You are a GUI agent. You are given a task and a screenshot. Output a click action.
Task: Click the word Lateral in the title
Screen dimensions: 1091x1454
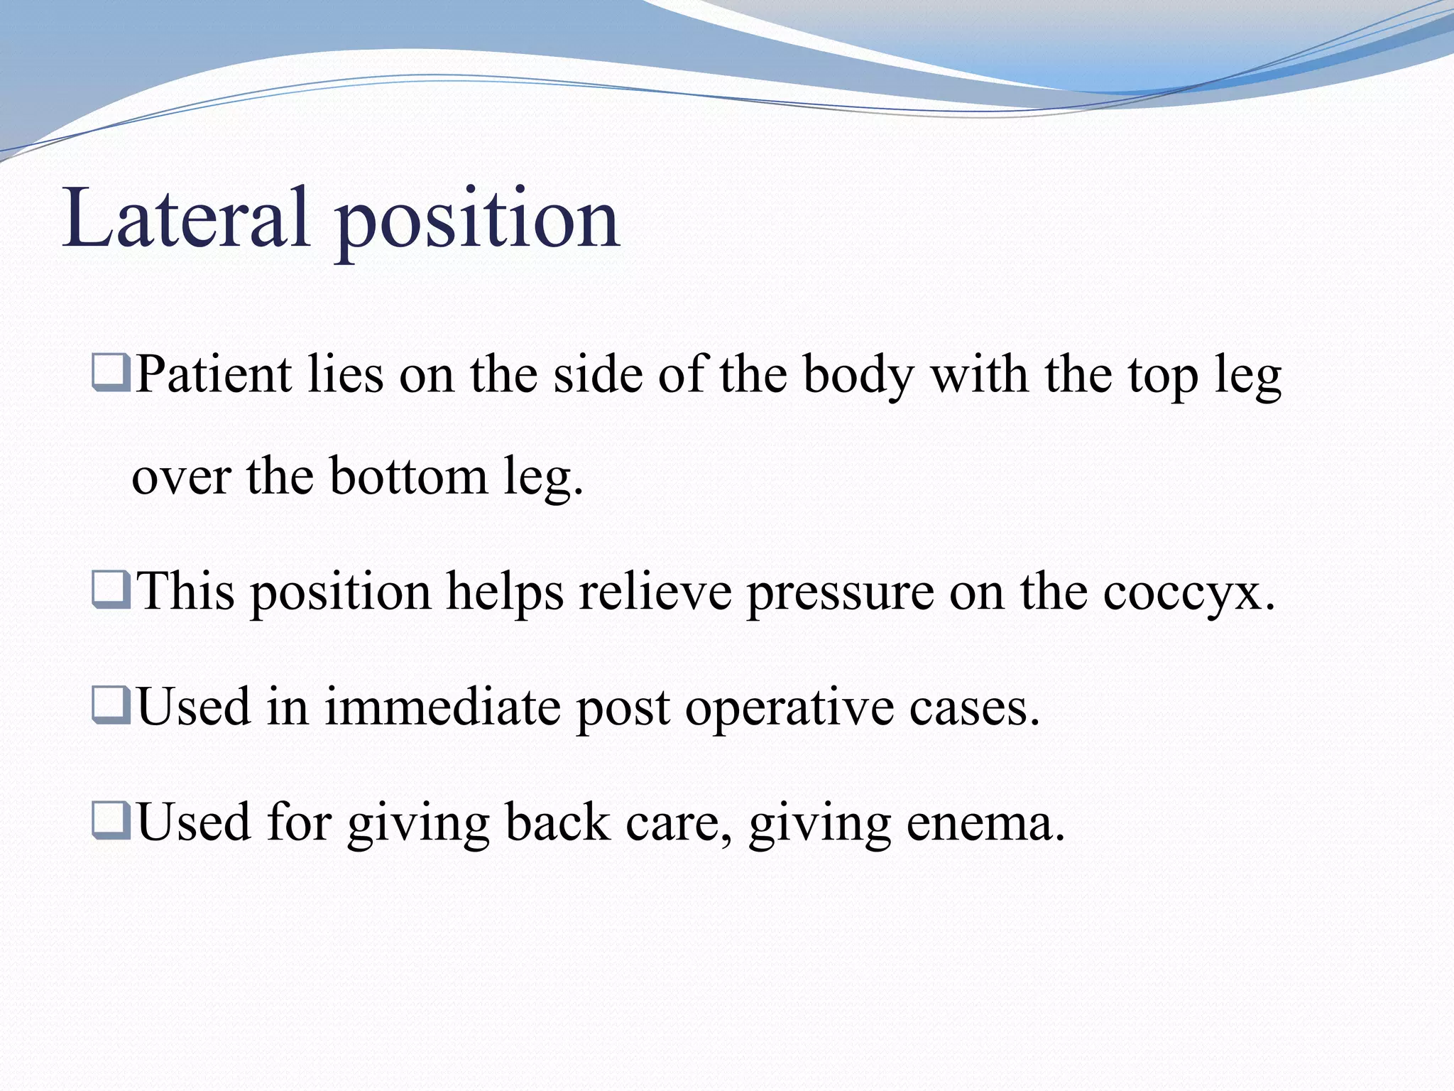(x=186, y=218)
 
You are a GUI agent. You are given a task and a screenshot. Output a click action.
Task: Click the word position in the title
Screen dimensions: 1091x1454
(x=478, y=220)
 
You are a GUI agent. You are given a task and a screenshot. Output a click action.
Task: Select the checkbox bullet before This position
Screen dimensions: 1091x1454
(x=111, y=591)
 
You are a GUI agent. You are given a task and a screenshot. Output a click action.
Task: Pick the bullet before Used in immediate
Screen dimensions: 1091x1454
(x=111, y=706)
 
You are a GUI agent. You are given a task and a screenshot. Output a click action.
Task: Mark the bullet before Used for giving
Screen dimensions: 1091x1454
(x=111, y=821)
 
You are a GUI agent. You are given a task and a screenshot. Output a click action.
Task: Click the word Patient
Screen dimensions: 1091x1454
(x=214, y=374)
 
